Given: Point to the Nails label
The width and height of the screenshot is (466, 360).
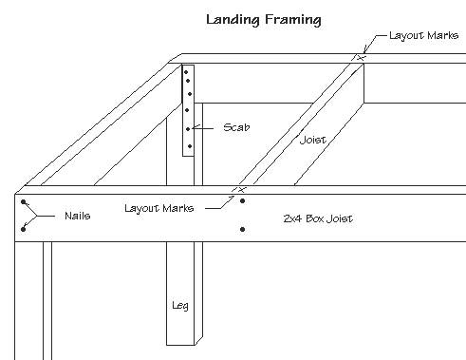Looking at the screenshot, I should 78,216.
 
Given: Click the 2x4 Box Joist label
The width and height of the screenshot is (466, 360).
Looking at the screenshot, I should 318,218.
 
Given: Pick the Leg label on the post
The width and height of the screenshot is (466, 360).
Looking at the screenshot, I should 180,306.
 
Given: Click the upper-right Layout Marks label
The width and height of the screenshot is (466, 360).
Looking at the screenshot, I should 419,35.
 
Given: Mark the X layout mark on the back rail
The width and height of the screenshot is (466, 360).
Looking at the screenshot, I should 359,58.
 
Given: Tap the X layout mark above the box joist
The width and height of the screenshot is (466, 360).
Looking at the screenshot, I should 240,190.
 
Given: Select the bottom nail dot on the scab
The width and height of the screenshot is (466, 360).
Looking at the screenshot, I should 190,145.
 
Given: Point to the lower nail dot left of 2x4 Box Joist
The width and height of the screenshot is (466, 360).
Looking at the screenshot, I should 244,229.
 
